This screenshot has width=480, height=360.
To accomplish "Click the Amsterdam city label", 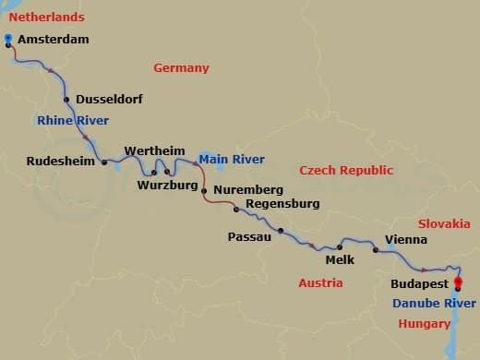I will point(54,40).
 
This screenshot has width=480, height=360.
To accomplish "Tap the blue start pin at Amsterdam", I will point(7,39).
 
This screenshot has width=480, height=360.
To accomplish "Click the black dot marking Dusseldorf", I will point(66,99).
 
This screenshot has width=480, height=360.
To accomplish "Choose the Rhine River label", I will point(73,120).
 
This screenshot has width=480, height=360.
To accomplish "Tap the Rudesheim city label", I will point(60,162).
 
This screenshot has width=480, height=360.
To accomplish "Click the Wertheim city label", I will point(154,150).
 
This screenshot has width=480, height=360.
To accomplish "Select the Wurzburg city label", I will point(167,185).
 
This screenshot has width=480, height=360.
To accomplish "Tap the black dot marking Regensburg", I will point(235,210).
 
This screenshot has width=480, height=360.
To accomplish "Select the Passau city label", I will point(249,236).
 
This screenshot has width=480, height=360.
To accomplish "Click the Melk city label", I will point(340,260).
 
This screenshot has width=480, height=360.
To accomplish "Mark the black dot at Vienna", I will point(375,250).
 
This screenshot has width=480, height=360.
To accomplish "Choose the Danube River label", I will point(435,303).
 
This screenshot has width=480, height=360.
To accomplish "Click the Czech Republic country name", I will point(346,170).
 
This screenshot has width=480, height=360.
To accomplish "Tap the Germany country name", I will point(181,67).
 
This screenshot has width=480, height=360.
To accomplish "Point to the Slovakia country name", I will point(444,223).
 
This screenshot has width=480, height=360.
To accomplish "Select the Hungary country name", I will point(425,323).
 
